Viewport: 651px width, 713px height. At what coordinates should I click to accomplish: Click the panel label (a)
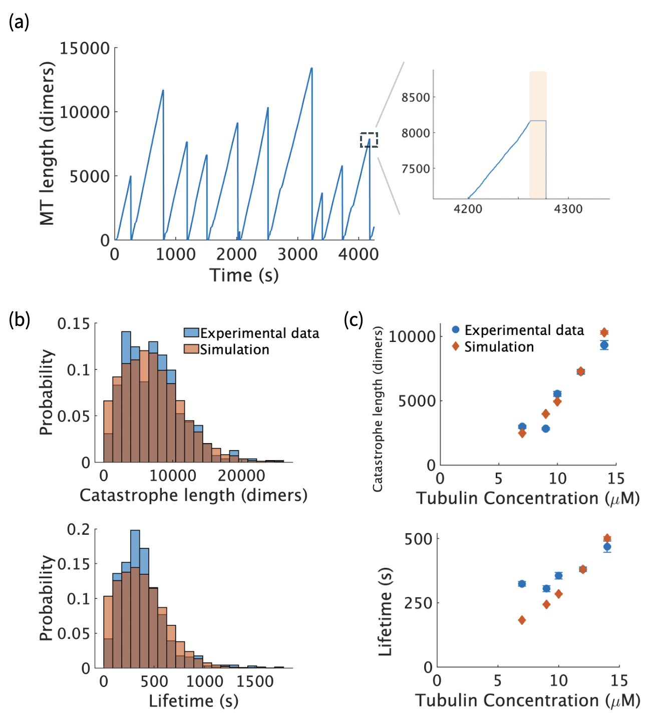pos(19,23)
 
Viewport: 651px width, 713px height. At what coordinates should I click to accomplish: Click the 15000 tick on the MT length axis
pos(85,49)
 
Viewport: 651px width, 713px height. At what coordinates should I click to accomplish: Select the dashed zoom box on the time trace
pos(369,140)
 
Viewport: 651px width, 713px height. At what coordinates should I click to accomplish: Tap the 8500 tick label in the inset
pos(416,97)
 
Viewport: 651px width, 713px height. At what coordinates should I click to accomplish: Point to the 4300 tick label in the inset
pos(568,209)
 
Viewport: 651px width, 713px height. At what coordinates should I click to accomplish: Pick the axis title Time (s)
pos(244,275)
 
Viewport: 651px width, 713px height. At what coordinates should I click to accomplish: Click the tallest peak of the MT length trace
pos(311,69)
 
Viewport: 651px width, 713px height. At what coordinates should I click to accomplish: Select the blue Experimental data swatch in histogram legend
pos(191,333)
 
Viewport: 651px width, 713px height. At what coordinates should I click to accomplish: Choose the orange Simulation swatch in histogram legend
pos(191,349)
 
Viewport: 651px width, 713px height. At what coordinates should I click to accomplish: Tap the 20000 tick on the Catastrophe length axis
pos(241,476)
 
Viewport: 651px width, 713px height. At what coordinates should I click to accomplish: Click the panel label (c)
pos(354,319)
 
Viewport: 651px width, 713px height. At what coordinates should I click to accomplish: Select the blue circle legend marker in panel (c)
pos(455,330)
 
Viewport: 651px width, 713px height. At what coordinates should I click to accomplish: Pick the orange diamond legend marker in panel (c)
pos(455,346)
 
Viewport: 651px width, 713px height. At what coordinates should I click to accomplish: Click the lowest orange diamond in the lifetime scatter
pos(522,620)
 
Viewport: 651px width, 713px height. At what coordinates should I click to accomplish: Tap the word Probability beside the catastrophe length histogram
pos(46,393)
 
